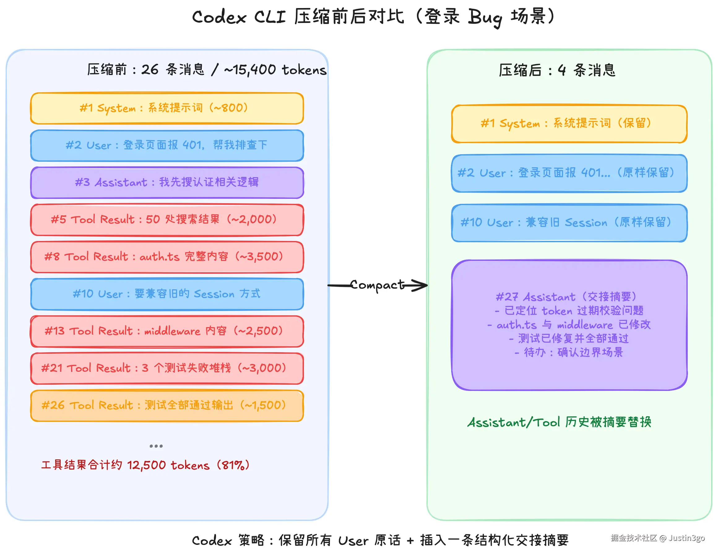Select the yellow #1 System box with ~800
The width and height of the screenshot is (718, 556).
point(167,108)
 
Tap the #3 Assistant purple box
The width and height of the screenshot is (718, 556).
point(167,182)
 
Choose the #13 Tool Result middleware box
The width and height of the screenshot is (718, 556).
point(167,331)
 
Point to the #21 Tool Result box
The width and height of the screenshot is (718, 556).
point(167,369)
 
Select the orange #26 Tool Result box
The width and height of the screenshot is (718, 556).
point(167,406)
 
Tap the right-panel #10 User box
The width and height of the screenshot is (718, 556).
point(569,223)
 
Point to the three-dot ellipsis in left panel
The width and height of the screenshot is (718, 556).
point(156,446)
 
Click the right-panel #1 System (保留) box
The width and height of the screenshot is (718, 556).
point(569,124)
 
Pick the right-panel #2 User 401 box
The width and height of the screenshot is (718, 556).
point(569,173)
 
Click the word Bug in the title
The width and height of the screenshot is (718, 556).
point(485,17)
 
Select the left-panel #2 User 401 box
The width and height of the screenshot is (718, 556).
point(167,145)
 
